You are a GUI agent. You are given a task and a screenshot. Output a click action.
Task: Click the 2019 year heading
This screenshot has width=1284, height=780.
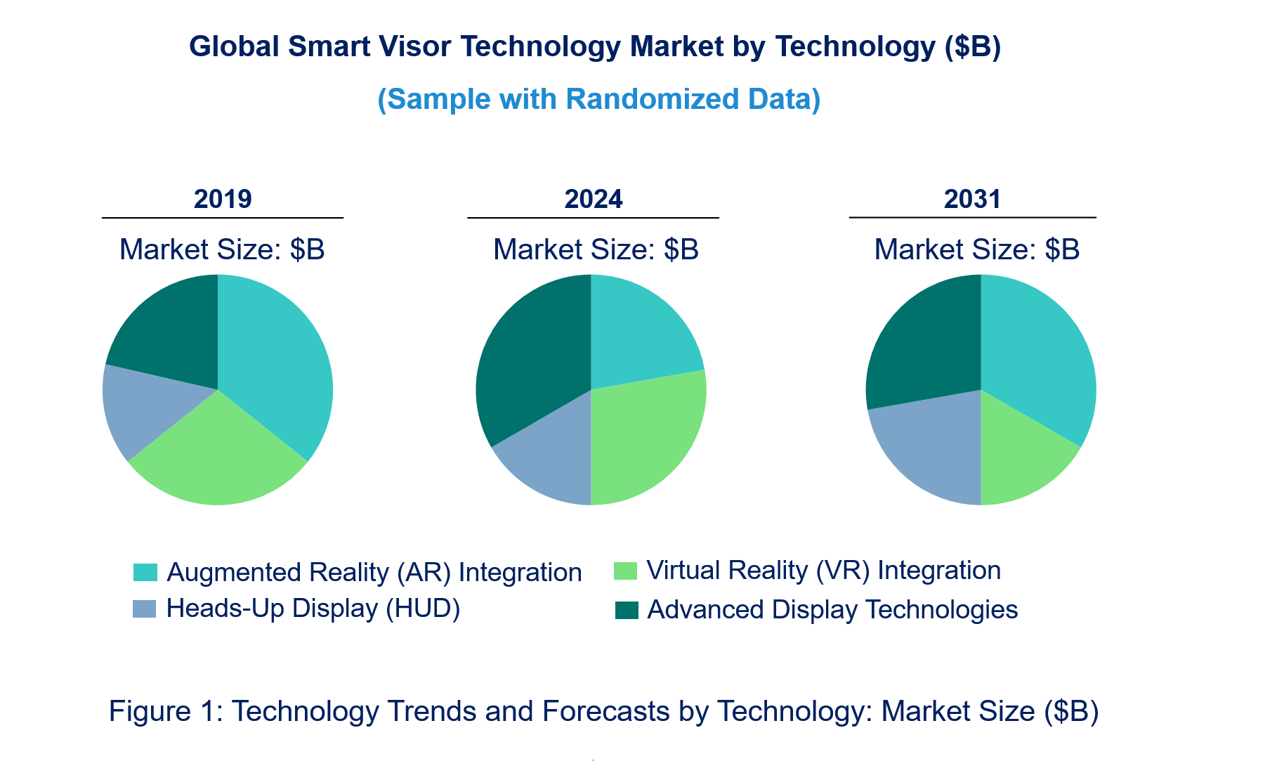tap(223, 200)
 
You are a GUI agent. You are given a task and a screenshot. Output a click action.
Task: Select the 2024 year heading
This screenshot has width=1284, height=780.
tap(594, 200)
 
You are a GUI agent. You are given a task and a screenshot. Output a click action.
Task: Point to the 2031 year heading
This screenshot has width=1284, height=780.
tap(972, 200)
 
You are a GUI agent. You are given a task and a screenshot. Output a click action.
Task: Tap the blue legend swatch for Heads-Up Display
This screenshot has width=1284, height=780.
tap(144, 609)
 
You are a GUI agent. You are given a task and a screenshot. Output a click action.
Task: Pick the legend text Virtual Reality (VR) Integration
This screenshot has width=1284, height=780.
tap(823, 570)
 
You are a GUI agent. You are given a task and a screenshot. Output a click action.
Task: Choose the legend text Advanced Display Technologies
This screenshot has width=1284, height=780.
tap(832, 609)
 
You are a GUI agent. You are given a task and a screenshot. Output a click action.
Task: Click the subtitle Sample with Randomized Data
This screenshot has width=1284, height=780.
tap(599, 99)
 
